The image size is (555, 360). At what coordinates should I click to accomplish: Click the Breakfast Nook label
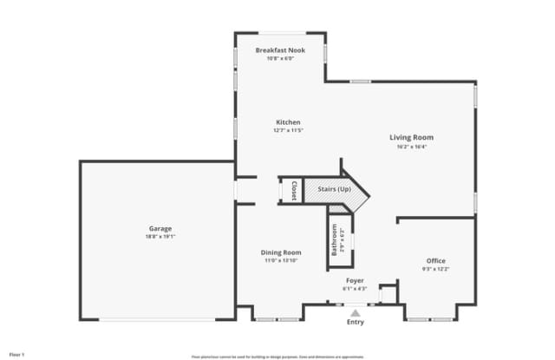pos(279,50)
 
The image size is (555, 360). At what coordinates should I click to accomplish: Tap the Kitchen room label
pos(288,122)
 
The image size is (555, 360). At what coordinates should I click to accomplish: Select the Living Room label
pos(411,137)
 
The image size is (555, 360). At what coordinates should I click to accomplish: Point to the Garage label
pos(160,228)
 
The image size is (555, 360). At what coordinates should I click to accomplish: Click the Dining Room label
pos(281,252)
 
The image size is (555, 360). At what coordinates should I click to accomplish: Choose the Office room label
pos(435,260)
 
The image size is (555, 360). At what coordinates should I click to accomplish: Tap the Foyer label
pos(355,280)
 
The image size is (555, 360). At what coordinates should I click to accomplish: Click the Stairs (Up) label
pos(334,189)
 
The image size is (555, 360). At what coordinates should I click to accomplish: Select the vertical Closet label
pos(294,190)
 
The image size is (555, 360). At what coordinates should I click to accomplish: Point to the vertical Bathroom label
pos(334,239)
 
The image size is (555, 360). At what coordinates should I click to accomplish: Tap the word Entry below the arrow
pos(356,323)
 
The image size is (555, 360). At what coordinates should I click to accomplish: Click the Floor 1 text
pos(17,354)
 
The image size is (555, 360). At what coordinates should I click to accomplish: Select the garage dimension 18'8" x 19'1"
pos(160,236)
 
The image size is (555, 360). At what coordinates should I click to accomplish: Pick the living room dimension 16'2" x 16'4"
pos(411,146)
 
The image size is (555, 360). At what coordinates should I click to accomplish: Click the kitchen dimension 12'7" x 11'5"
pos(288,130)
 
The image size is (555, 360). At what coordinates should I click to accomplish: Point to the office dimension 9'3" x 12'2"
pos(435,268)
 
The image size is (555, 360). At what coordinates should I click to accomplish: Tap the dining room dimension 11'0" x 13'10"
pos(281,260)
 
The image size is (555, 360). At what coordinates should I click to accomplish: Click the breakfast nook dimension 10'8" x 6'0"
pos(279,58)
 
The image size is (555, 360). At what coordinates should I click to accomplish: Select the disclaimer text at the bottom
pos(277,356)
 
